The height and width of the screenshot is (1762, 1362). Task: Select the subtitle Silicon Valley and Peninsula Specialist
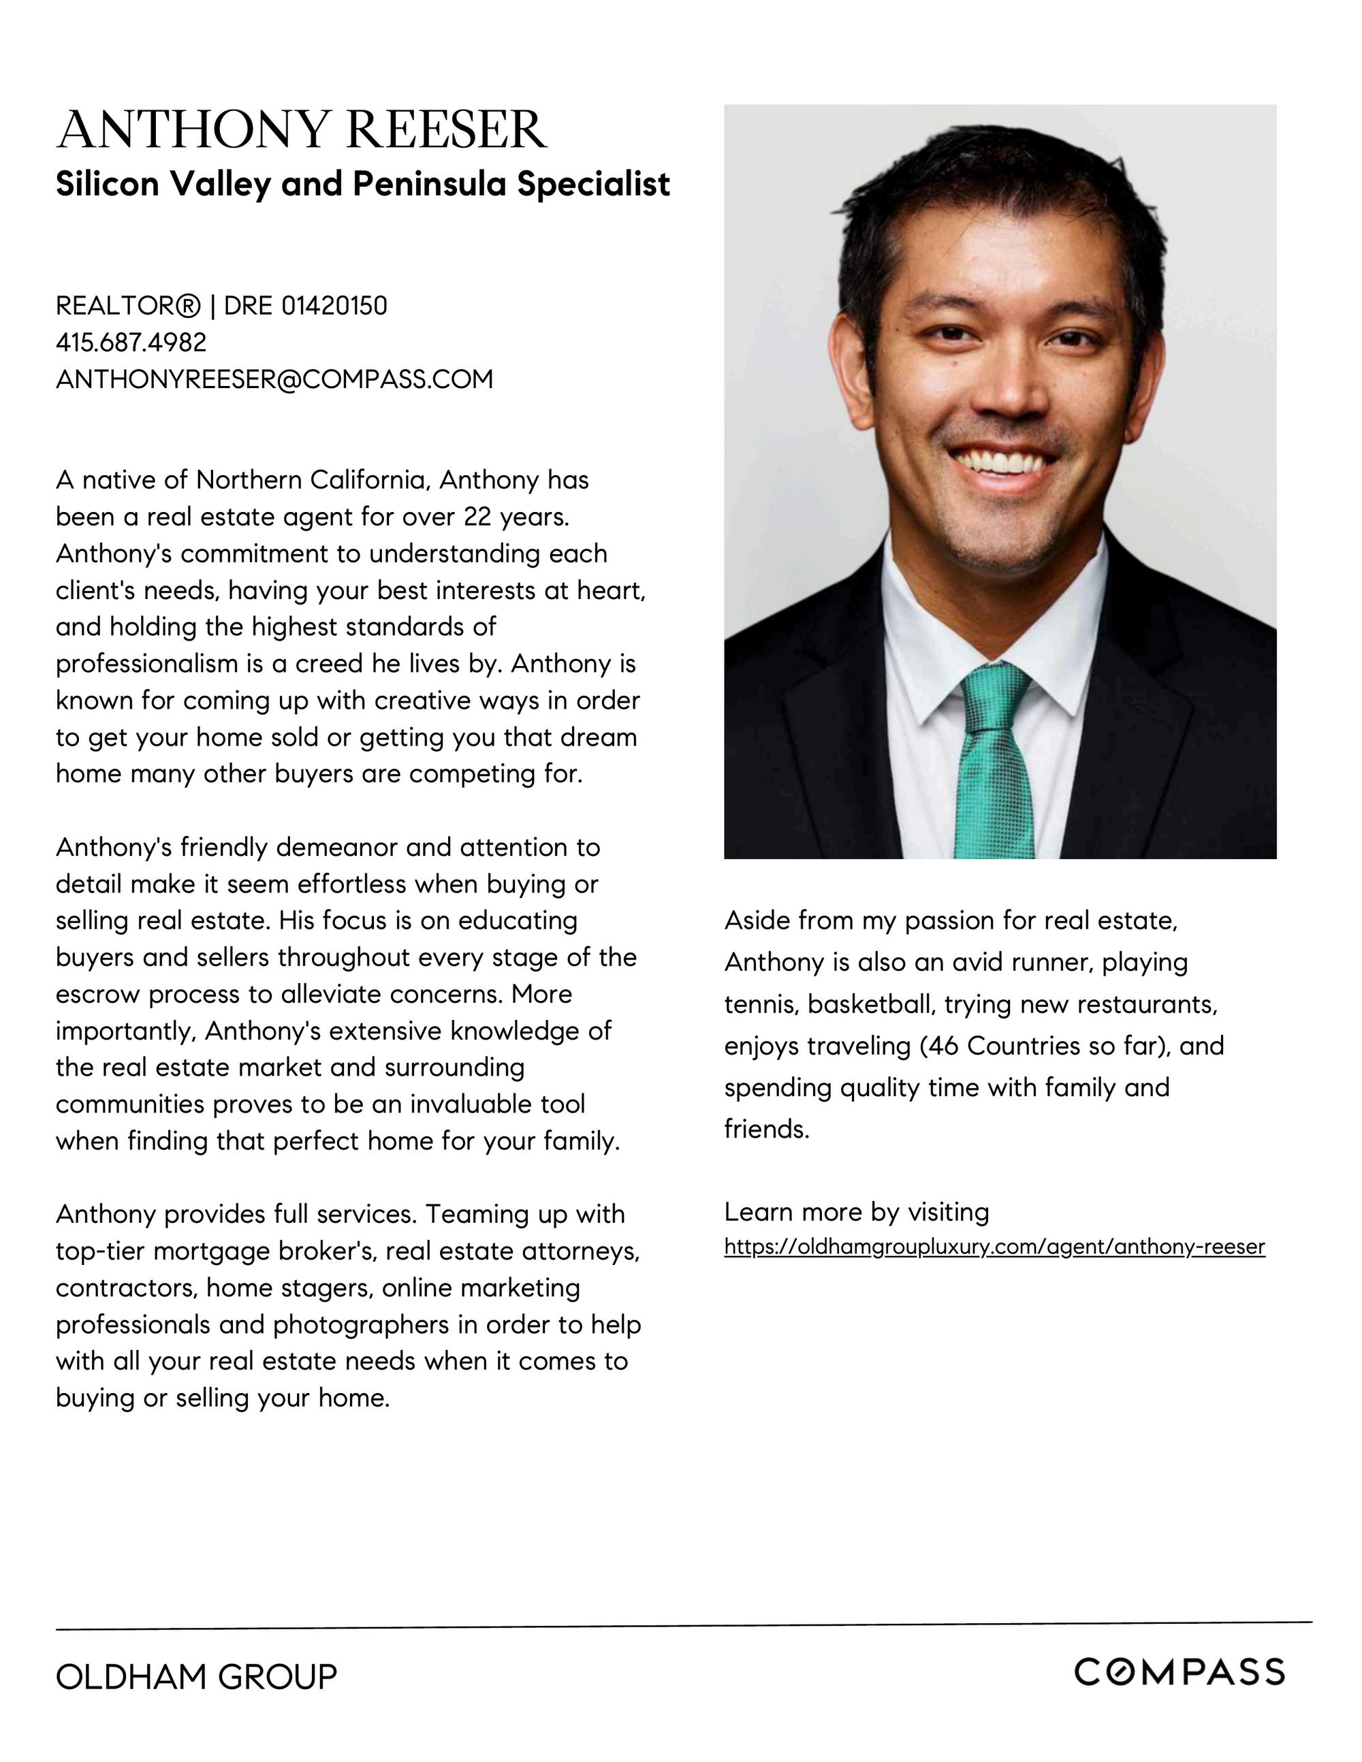point(362,184)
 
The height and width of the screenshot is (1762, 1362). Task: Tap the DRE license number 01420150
point(334,306)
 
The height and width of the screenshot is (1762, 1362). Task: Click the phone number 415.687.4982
point(131,342)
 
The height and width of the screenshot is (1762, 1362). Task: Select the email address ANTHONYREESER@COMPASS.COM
point(274,379)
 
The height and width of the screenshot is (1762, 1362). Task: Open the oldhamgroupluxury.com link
point(994,1247)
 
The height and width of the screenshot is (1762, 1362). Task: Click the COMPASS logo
point(1179,1672)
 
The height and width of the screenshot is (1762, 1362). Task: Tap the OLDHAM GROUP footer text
point(196,1676)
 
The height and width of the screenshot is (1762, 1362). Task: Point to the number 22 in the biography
point(477,517)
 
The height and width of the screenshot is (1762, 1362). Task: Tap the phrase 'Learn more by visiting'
point(856,1212)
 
